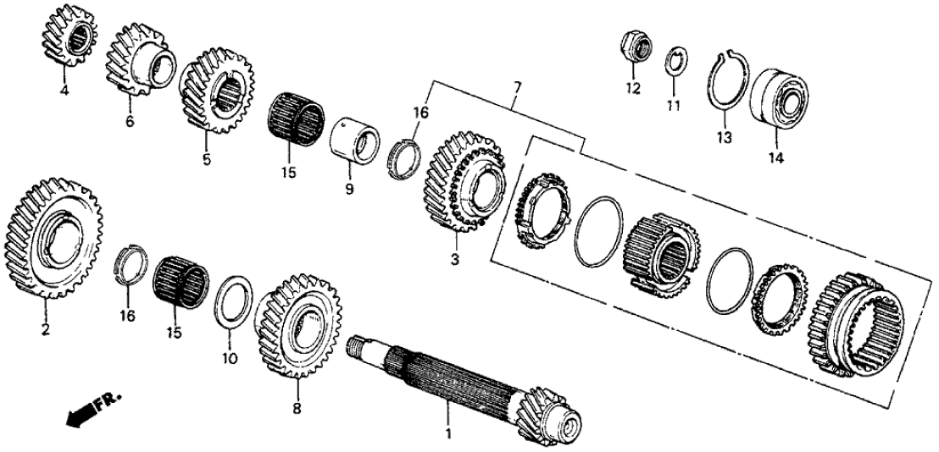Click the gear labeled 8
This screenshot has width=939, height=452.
(299, 325)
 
